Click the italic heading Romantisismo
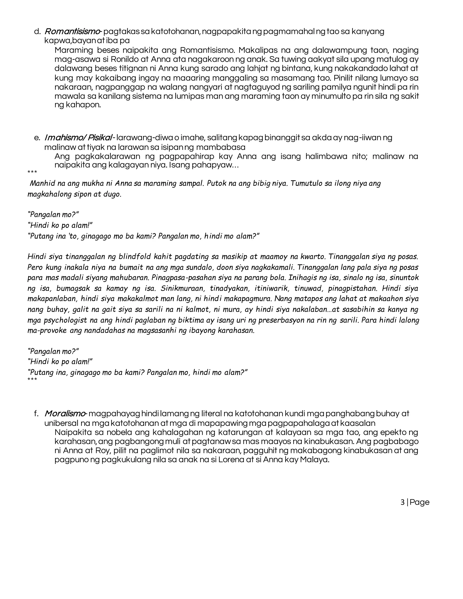pyautogui.click(x=72, y=32)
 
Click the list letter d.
pyautogui.click(x=37, y=32)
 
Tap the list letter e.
pyautogui.click(x=37, y=138)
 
